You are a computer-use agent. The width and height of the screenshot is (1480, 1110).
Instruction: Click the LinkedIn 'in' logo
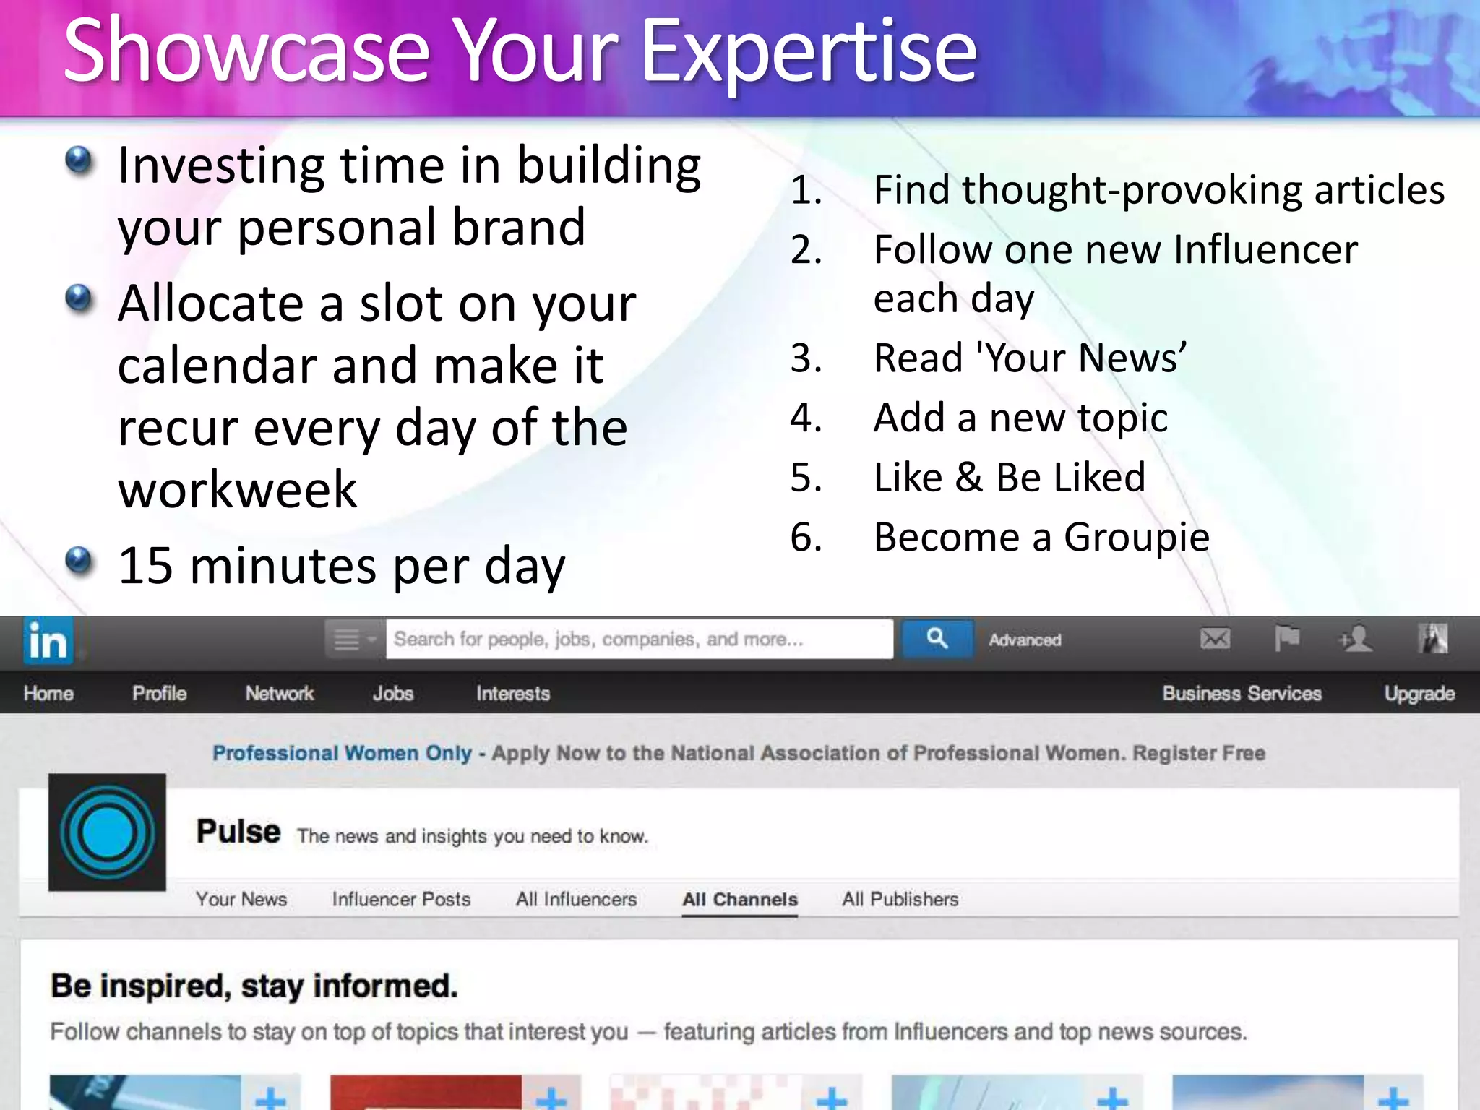coord(48,640)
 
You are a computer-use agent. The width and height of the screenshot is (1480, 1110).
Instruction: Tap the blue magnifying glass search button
coord(937,639)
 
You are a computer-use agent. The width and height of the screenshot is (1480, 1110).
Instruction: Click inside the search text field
coord(639,639)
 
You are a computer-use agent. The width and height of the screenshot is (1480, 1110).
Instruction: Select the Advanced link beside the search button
coord(1025,640)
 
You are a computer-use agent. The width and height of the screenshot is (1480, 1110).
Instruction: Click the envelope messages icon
coord(1215,639)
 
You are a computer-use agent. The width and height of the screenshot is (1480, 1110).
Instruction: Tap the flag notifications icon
coord(1286,639)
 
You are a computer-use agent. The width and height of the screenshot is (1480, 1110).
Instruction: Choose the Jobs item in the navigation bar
coord(393,694)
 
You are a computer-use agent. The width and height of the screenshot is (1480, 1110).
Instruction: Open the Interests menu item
coord(513,694)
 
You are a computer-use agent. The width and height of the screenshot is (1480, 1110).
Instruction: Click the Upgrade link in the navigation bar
coord(1419,694)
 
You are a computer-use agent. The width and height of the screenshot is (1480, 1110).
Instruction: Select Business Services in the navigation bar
coord(1242,694)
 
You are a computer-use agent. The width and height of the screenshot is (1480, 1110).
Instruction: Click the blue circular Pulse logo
coord(107,832)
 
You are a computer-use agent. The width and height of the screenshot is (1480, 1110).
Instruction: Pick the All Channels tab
coord(740,900)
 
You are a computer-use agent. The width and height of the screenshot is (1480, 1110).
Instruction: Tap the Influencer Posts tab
coord(401,900)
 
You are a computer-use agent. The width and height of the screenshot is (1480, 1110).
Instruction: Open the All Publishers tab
coord(900,900)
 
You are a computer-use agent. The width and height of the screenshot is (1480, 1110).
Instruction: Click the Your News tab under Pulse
coord(241,900)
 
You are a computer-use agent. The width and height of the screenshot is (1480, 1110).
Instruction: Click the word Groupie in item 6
coord(1137,538)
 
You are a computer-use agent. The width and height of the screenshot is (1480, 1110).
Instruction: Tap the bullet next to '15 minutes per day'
coord(79,559)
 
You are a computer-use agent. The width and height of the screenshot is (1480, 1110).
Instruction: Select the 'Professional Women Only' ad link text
coord(342,753)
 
